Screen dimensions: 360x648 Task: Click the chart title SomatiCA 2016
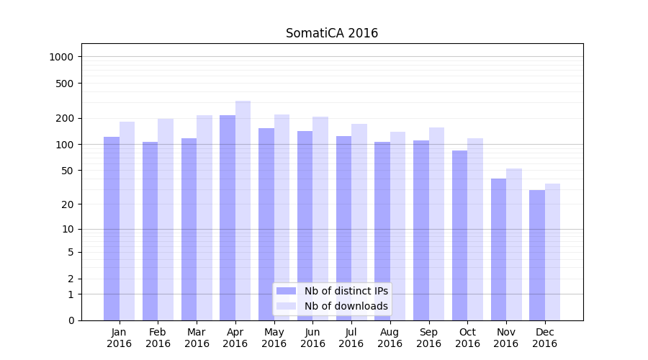(331, 33)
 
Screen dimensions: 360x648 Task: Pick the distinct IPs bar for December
(537, 255)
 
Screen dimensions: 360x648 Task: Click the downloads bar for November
(514, 244)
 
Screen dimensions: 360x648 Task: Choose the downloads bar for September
(437, 224)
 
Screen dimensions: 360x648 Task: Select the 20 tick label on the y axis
(68, 204)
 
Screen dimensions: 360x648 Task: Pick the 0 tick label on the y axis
(71, 320)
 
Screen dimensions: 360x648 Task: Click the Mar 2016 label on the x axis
(197, 338)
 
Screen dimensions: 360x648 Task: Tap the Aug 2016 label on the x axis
(390, 338)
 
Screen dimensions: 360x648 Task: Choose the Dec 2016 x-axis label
(544, 338)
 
